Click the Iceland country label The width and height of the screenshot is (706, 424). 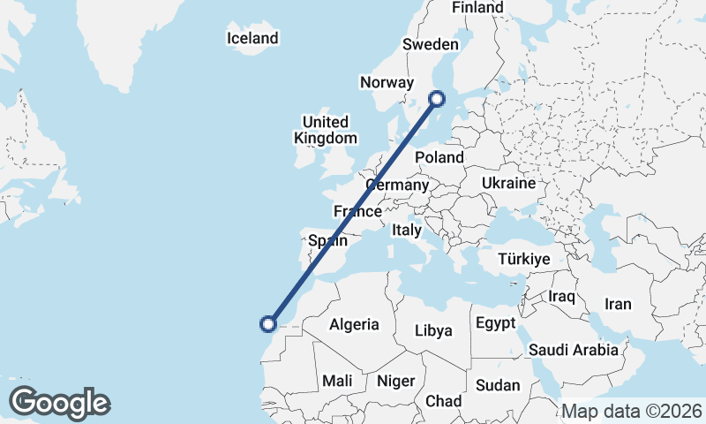pos(252,38)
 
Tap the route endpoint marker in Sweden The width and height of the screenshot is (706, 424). pos(436,100)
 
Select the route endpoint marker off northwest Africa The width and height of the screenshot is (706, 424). pos(269,323)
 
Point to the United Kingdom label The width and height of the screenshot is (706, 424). pos(325,130)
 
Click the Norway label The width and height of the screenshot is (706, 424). pos(387,82)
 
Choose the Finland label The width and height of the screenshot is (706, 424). pos(477,7)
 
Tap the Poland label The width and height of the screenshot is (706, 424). pos(439,157)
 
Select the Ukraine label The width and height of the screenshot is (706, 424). pos(508,183)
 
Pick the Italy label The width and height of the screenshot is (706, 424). pos(407,229)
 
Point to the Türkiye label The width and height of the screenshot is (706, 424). pos(524,259)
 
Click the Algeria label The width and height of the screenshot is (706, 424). pos(354,324)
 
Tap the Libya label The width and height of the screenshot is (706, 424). pos(433,330)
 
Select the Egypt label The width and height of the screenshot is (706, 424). pos(495,323)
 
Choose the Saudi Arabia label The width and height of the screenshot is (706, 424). pos(574,350)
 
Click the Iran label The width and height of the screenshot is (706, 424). pos(618,304)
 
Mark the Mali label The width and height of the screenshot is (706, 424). pos(337,381)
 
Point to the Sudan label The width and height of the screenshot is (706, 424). pos(498,385)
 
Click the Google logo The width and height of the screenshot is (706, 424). pos(59,402)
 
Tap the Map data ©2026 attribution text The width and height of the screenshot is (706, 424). pos(631,411)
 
